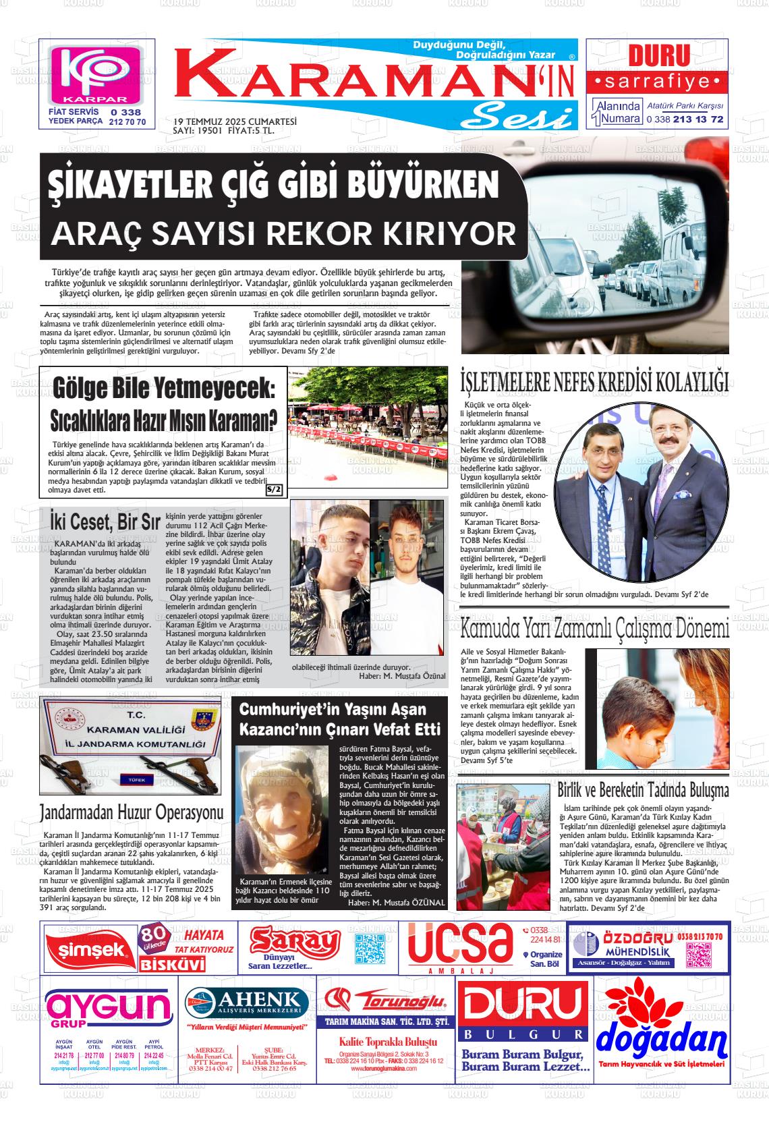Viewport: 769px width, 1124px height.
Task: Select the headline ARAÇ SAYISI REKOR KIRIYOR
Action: pyautogui.click(x=283, y=233)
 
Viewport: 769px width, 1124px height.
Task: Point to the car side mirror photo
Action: pyautogui.click(x=594, y=250)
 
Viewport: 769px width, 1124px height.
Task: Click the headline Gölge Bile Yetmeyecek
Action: pyautogui.click(x=164, y=389)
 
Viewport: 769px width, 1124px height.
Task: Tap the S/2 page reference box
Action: pyautogui.click(x=275, y=489)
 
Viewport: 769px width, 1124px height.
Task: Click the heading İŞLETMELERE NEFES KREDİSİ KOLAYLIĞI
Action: pyautogui.click(x=594, y=382)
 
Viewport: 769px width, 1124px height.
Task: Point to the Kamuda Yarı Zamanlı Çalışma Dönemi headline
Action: pyautogui.click(x=594, y=629)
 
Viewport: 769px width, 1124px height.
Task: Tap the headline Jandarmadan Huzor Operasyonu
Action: pyautogui.click(x=131, y=811)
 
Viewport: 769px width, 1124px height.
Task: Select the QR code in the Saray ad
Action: pyautogui.click(x=369, y=949)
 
